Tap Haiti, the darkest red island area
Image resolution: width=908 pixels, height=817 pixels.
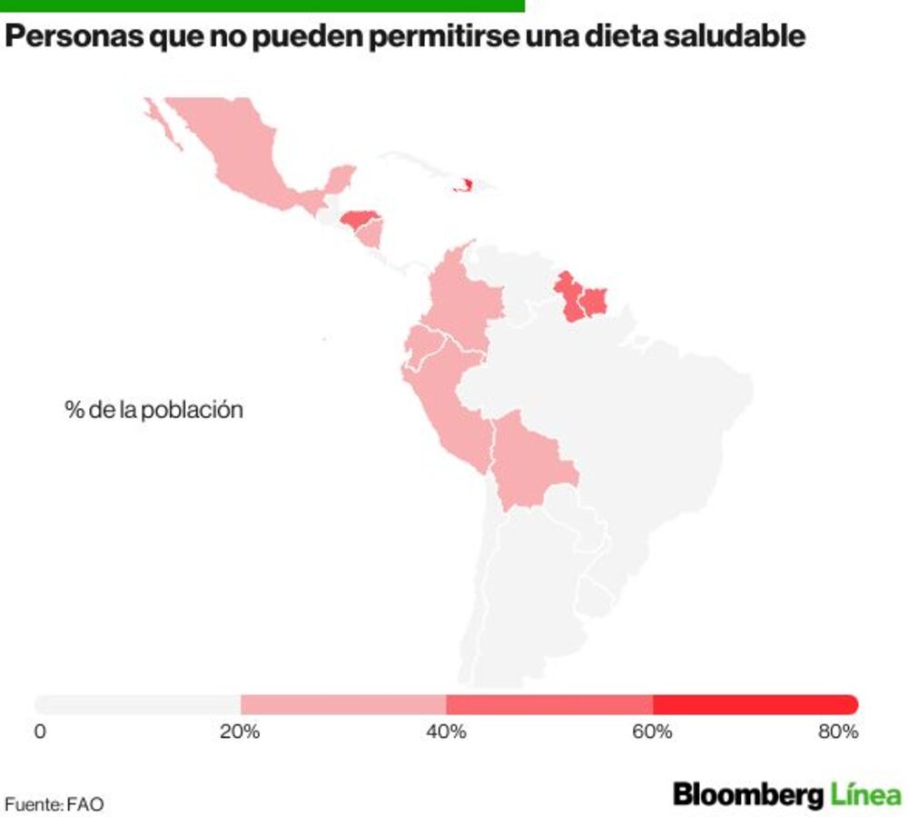coord(464,185)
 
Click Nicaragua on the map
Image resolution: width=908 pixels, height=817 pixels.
coord(369,235)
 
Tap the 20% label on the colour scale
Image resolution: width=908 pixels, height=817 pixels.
coord(240,732)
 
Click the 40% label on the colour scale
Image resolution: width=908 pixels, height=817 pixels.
coord(446,732)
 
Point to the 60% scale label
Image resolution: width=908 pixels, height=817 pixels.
coord(652,732)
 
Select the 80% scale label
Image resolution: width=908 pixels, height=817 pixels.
coord(838,732)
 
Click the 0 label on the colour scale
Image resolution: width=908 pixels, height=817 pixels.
coord(40,732)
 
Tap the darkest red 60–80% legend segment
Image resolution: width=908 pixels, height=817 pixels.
coord(755,704)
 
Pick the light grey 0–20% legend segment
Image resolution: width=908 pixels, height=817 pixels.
coord(137,704)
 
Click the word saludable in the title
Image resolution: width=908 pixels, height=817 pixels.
coord(735,36)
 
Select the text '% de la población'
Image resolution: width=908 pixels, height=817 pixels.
coord(154,410)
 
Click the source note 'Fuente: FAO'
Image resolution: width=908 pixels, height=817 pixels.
coord(54,804)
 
